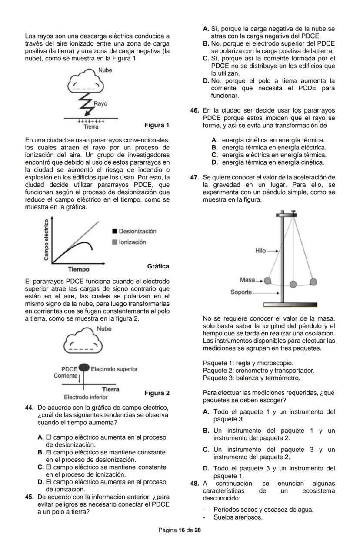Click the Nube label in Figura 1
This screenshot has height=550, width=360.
click(105, 70)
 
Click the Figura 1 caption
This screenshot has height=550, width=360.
click(157, 126)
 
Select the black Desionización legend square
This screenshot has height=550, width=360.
click(115, 231)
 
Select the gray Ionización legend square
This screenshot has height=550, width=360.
click(115, 242)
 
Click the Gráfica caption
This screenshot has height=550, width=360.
click(158, 266)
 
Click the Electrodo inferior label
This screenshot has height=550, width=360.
click(86, 397)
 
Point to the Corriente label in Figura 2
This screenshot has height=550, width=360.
click(66, 375)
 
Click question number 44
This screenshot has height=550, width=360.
click(30, 408)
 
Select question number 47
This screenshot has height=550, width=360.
click(195, 177)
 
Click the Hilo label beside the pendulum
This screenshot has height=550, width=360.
click(260, 251)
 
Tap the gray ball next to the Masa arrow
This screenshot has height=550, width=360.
click(268, 281)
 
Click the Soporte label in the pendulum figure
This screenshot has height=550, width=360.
click(241, 292)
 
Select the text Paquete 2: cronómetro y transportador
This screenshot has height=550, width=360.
click(258, 370)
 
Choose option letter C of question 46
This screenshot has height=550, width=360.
click(214, 155)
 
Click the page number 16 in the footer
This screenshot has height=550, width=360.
click(182, 530)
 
